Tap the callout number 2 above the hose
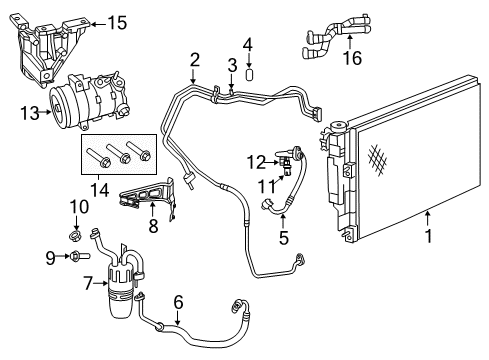click(x=194, y=59)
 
